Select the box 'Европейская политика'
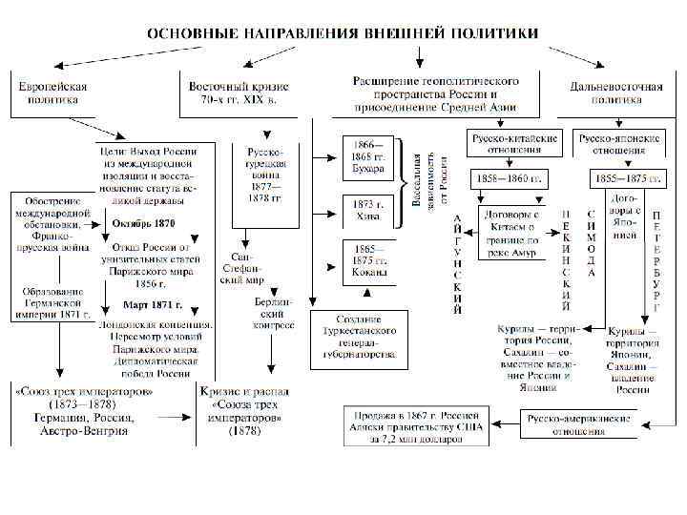54,93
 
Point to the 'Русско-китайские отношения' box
513,143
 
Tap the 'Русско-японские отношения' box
618,143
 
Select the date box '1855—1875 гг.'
618,179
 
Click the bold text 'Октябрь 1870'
143,223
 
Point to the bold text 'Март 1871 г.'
153,306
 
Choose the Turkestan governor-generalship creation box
364,336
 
